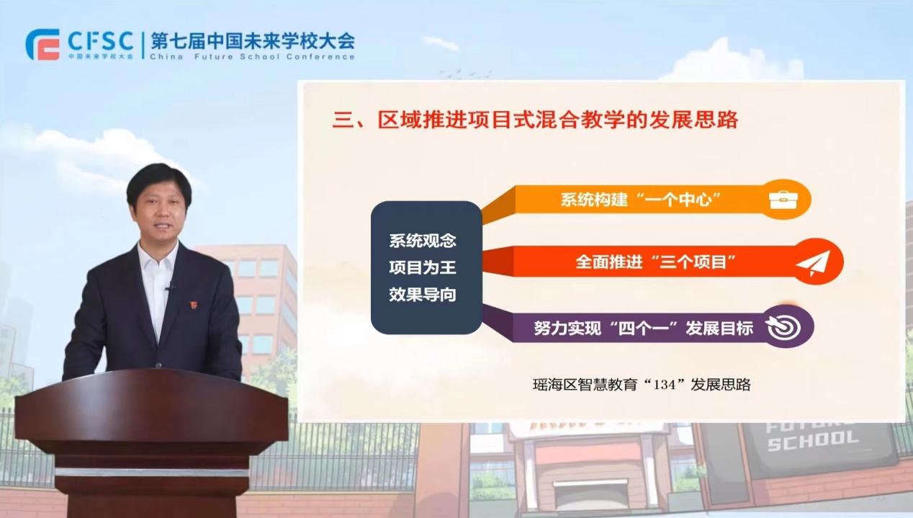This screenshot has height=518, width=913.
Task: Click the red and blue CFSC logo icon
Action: point(42,45)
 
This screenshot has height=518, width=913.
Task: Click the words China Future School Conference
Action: point(252,57)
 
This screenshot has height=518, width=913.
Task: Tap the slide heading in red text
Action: point(535,120)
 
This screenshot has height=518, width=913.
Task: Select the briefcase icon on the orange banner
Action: point(783,200)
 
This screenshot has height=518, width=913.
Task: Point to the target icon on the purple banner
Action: point(783,326)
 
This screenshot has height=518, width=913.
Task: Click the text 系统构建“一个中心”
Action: point(641,200)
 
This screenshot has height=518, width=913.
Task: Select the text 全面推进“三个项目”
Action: point(656,262)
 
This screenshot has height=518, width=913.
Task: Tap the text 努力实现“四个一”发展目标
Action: point(644,328)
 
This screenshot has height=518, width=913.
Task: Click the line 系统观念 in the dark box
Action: point(423,241)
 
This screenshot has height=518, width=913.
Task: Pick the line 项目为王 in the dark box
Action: point(423,267)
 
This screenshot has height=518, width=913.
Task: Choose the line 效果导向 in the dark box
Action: point(423,295)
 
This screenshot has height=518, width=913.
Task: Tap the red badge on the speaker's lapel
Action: point(194,305)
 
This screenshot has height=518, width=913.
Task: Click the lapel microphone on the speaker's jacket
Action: point(168,287)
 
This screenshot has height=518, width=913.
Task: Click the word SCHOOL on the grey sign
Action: point(813,440)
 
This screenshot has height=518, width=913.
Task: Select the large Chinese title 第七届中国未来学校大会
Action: point(253,41)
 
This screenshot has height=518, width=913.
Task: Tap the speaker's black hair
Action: point(158,182)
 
